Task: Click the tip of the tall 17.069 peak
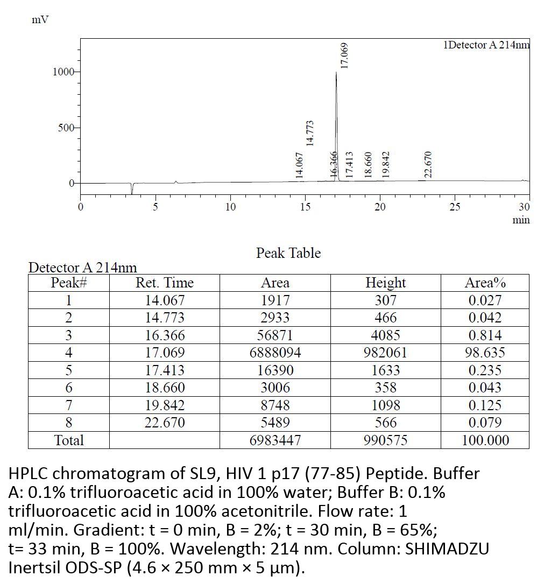click(x=336, y=72)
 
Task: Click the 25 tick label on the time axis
click(x=455, y=207)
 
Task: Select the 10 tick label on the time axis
click(x=230, y=207)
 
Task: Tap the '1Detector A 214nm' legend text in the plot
click(x=486, y=45)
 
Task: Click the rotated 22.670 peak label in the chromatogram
click(x=428, y=164)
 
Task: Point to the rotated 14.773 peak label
click(x=309, y=133)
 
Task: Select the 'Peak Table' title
click(x=288, y=253)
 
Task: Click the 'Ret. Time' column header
click(x=164, y=283)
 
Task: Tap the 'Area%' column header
click(x=485, y=283)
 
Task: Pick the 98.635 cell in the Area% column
click(x=485, y=353)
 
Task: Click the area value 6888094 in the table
click(x=275, y=353)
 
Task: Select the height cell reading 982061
click(x=385, y=353)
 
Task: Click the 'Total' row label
click(x=69, y=440)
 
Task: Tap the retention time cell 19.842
click(x=164, y=405)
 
